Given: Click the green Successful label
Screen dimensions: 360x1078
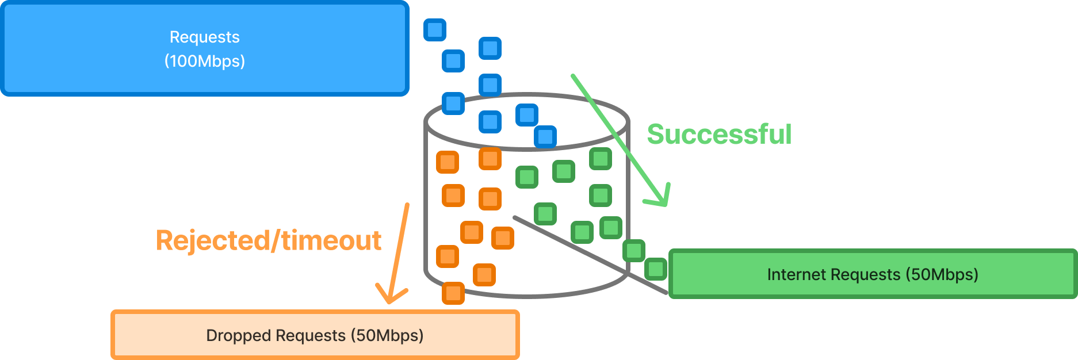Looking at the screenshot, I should (x=719, y=134).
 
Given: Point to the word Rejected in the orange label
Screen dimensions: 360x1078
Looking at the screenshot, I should (x=212, y=240).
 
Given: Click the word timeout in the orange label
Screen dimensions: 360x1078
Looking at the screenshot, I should (x=331, y=240).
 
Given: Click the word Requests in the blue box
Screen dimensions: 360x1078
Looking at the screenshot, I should (x=205, y=37).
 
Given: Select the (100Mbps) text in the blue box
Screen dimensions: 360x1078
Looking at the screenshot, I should (x=205, y=61).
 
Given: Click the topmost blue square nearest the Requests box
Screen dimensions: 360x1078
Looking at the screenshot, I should (x=435, y=29).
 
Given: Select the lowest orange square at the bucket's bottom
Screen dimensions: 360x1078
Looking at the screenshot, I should (x=453, y=293).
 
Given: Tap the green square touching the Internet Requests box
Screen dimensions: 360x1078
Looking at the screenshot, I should (x=655, y=269).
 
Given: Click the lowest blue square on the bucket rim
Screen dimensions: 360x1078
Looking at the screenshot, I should (x=545, y=137).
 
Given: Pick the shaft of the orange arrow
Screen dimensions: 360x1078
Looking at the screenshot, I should (x=400, y=247).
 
